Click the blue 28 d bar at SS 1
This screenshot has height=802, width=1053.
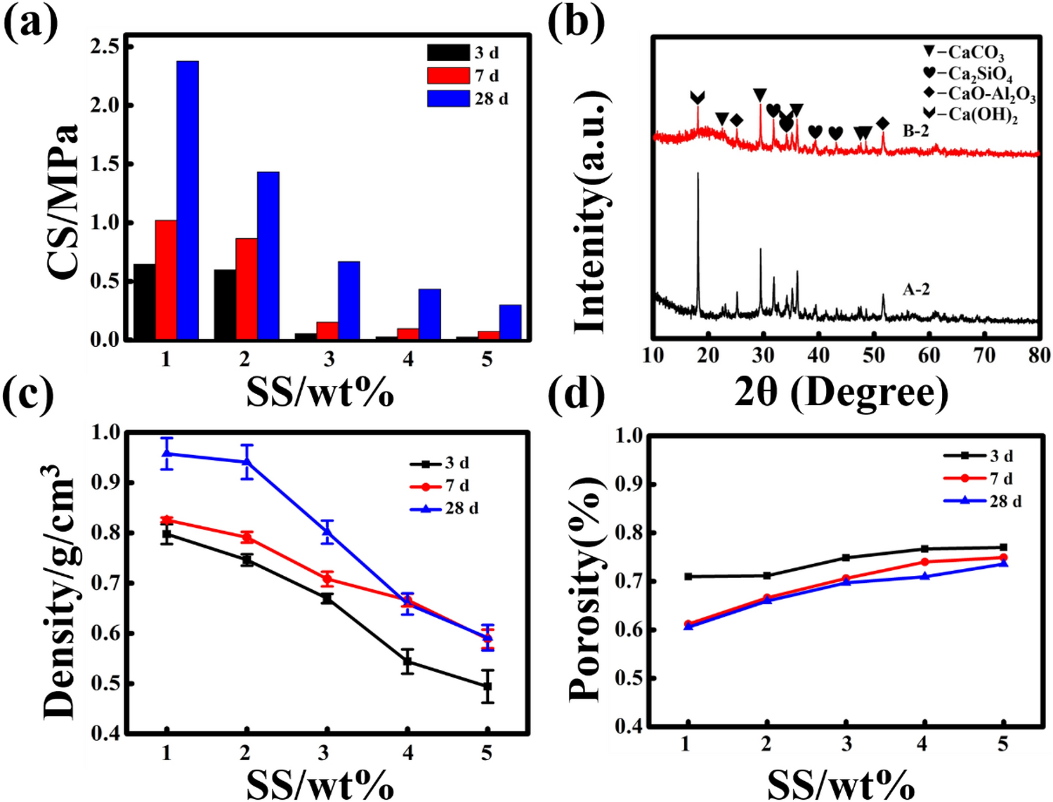coord(188,200)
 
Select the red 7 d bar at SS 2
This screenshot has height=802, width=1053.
coord(247,289)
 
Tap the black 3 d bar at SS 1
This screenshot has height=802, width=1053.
coord(145,302)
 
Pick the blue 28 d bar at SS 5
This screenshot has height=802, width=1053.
coord(510,322)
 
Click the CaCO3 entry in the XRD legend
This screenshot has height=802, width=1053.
coord(966,53)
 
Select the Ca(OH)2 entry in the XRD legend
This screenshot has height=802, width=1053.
coord(973,114)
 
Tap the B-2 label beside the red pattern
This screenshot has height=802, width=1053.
coord(915,131)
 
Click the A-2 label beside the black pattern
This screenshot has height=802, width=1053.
coord(916,289)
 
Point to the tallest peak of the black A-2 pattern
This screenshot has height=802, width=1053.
coord(698,174)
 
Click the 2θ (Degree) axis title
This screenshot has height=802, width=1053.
coord(841,393)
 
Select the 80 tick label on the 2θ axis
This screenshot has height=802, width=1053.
coord(1039,355)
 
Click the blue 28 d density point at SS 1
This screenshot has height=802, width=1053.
coord(166,453)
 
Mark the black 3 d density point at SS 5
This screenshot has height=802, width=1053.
coord(488,686)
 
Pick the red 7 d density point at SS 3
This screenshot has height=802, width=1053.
coord(327,579)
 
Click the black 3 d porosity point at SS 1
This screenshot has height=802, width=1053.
coord(688,577)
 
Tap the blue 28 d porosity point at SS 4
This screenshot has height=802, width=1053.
coord(924,577)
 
